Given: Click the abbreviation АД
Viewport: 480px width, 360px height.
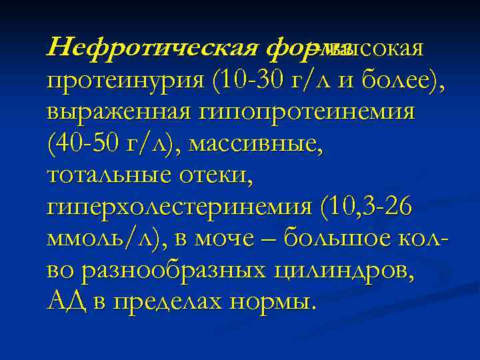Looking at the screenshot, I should pos(67,302).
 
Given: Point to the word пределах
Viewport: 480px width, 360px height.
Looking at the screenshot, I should pos(163,302).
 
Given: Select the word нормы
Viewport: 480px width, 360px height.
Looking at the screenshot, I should pos(269,302).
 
